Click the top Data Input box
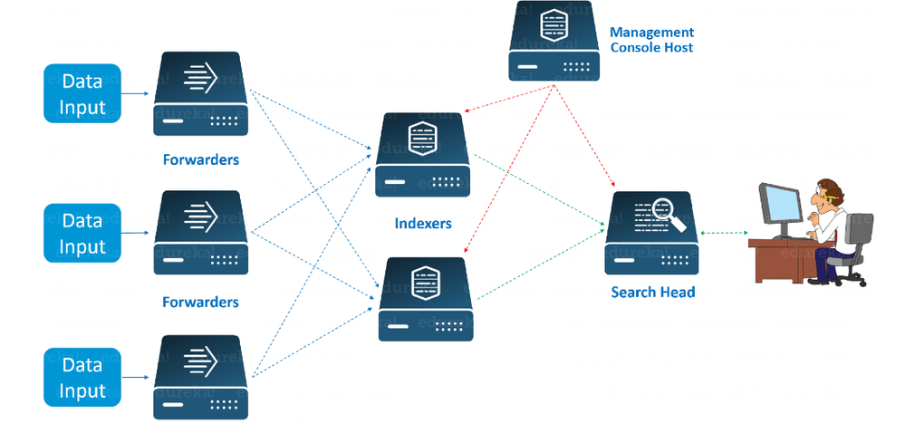point(82,93)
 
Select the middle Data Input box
point(82,233)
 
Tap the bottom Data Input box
point(82,378)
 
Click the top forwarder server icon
point(200,93)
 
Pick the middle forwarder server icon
point(200,234)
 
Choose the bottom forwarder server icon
point(200,377)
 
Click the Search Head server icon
point(651,233)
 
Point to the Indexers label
point(423,223)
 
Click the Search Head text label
point(652,292)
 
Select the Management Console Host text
point(651,40)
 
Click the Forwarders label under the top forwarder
point(200,159)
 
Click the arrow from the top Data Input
point(135,93)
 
